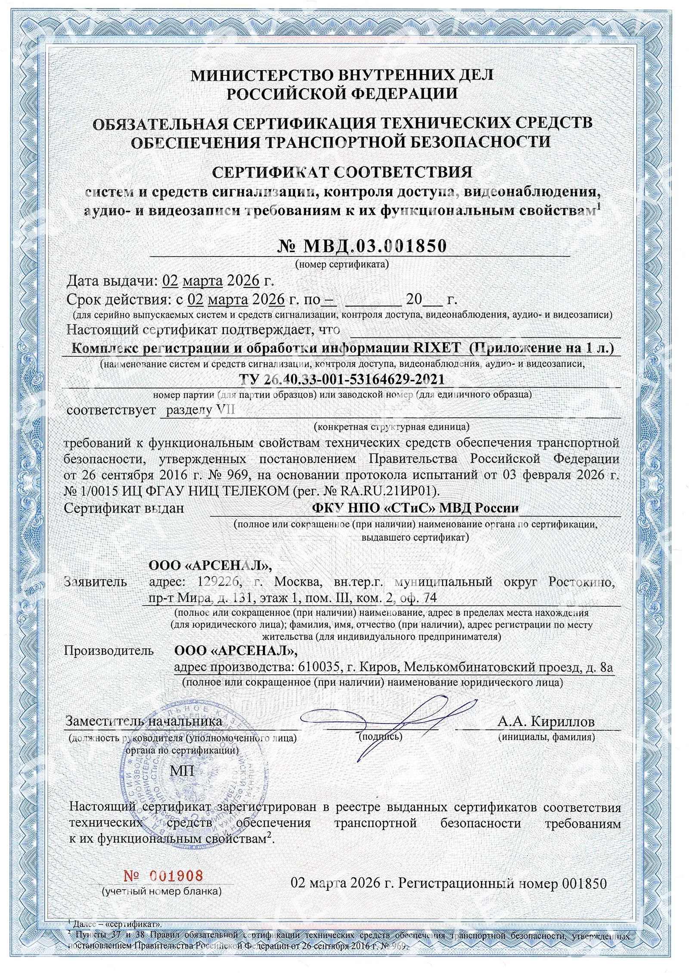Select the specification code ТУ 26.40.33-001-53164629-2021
point(341,379)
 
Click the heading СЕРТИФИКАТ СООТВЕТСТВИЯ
point(342,173)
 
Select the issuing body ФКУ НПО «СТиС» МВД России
point(415,508)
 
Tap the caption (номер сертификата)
point(342,264)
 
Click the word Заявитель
point(95,582)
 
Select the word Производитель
point(109,650)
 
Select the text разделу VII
point(201,410)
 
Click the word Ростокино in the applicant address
point(581,582)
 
